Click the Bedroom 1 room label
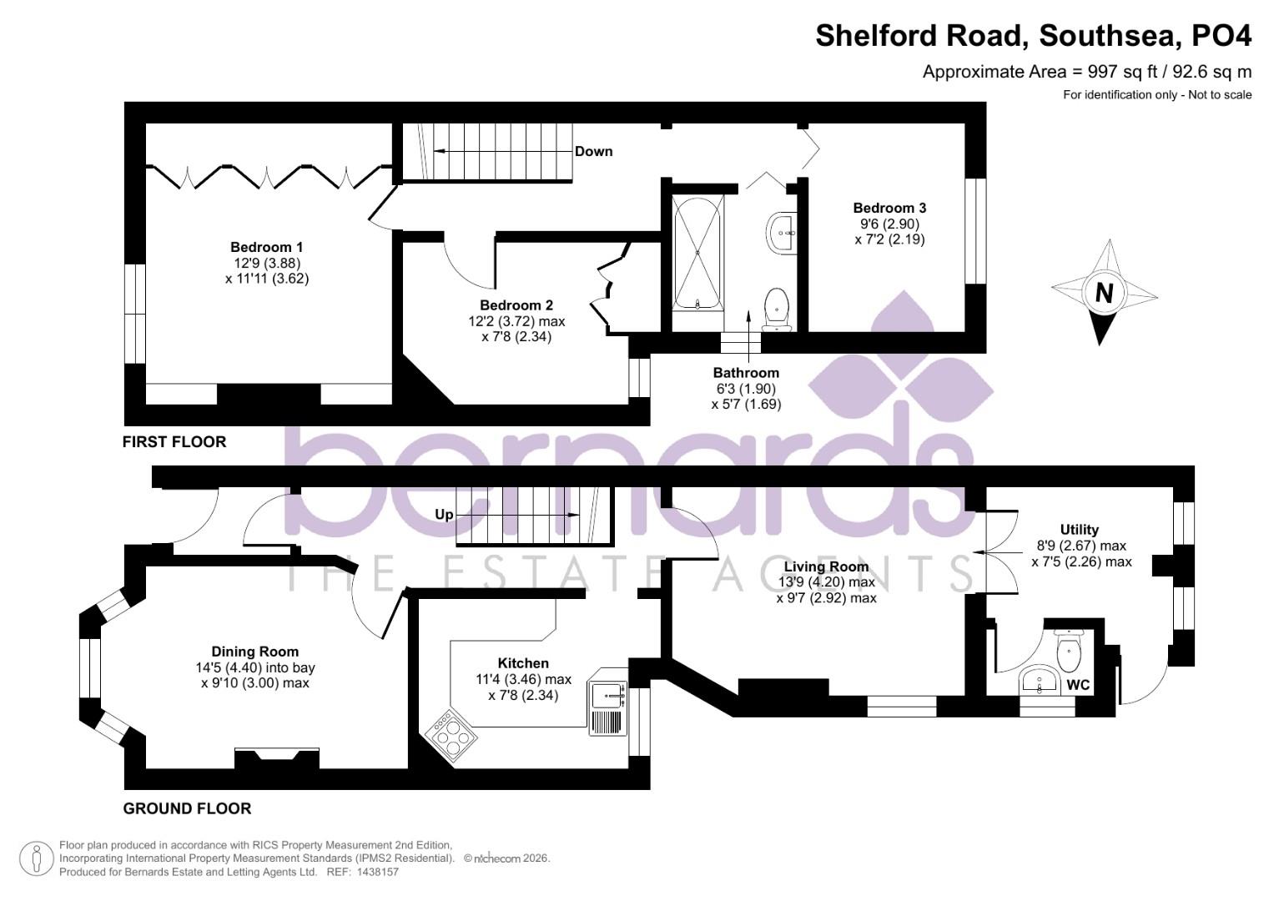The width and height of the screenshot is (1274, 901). pyautogui.click(x=266, y=247)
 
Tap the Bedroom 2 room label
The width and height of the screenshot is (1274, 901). pyautogui.click(x=516, y=305)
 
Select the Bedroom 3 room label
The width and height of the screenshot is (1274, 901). pyautogui.click(x=889, y=208)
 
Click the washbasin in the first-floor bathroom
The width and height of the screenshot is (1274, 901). pyautogui.click(x=783, y=231)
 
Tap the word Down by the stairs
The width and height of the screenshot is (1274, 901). pyautogui.click(x=593, y=151)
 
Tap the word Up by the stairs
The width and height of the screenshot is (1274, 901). pyautogui.click(x=444, y=515)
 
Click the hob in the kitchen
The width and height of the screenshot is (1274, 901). pyautogui.click(x=450, y=735)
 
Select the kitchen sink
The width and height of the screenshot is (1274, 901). pyautogui.click(x=607, y=692)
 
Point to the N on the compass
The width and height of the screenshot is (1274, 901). pyautogui.click(x=1104, y=293)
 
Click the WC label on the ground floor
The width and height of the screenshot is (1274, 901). pyautogui.click(x=1078, y=685)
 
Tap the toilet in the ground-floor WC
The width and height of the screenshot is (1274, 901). pyautogui.click(x=1068, y=652)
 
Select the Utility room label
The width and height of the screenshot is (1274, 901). pyautogui.click(x=1079, y=530)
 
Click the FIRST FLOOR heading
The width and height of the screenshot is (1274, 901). pyautogui.click(x=174, y=441)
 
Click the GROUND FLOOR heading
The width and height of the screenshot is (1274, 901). pyautogui.click(x=187, y=808)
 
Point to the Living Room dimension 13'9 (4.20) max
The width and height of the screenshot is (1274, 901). pyautogui.click(x=826, y=582)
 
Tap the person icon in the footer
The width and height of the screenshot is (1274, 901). pyautogui.click(x=36, y=858)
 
